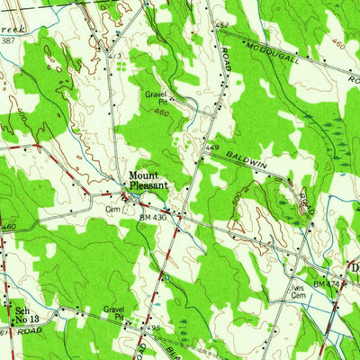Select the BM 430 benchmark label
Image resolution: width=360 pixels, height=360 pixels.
tap(153, 217)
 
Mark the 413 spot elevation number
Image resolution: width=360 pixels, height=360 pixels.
tap(115, 57)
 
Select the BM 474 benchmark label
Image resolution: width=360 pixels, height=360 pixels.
tap(325, 283)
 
